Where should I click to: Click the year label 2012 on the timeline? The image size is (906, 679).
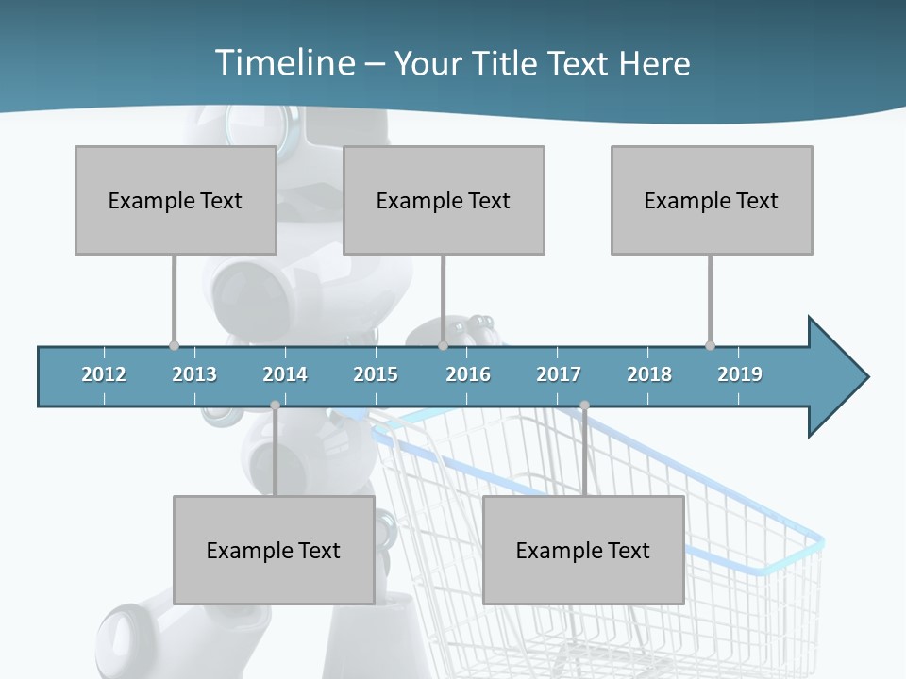[x=104, y=374]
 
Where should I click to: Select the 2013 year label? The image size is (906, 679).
[x=194, y=374]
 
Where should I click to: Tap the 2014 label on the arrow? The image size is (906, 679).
[x=285, y=374]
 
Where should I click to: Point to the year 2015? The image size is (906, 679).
[x=376, y=374]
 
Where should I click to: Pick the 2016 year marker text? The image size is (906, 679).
[x=468, y=374]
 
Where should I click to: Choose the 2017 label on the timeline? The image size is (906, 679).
[x=559, y=374]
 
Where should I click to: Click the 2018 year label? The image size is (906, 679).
[x=649, y=374]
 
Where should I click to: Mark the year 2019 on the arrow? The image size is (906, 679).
[x=740, y=374]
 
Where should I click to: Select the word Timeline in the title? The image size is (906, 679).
[x=283, y=63]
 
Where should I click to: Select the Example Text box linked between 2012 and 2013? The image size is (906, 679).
[x=176, y=200]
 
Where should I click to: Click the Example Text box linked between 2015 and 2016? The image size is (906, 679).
[x=444, y=200]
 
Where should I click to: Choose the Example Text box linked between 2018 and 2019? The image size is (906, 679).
[x=712, y=200]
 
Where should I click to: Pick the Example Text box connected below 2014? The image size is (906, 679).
[x=274, y=550]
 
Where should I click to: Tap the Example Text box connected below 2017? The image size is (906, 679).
[x=583, y=550]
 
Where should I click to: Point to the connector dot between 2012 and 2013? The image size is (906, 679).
[x=174, y=345]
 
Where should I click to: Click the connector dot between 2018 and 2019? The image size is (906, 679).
[x=710, y=345]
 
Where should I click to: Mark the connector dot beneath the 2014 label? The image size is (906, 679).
[x=275, y=406]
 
